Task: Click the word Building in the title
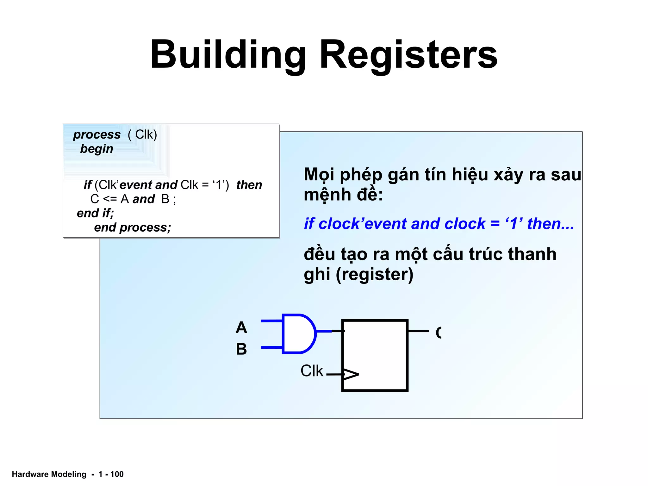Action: point(228,54)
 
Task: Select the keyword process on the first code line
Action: point(97,135)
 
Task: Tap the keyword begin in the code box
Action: point(97,149)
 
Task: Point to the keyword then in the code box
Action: point(249,185)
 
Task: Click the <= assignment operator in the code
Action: point(110,199)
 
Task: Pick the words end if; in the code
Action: point(95,213)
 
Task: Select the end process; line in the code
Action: point(132,227)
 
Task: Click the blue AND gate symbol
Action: point(298,333)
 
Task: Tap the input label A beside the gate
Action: point(241,327)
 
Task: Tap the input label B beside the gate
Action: point(241,349)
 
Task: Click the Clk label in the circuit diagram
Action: point(312,371)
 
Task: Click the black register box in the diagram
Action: point(375,355)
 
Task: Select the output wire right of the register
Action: point(418,331)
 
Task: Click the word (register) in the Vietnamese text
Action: point(375,274)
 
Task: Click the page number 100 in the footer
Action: point(117,474)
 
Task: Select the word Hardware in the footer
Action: point(30,474)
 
